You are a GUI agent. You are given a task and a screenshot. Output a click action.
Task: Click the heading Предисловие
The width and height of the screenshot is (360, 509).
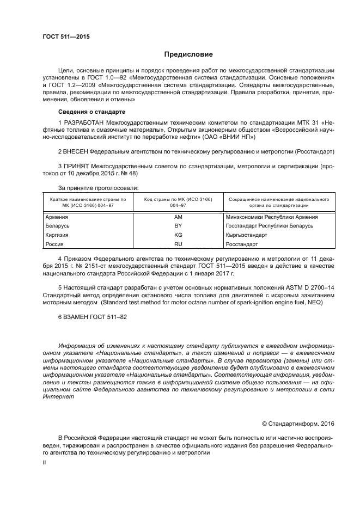(x=189, y=54)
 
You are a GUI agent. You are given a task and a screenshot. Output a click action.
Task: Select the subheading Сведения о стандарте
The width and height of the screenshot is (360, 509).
(x=89, y=112)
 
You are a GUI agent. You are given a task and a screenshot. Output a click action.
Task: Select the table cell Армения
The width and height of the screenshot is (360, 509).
(x=57, y=217)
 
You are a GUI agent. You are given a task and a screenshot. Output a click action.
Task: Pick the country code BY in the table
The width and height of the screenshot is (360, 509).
(x=178, y=226)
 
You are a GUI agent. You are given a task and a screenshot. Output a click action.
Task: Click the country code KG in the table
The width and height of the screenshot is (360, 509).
(x=178, y=235)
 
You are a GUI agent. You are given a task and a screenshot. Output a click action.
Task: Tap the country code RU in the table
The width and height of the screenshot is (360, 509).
(x=178, y=244)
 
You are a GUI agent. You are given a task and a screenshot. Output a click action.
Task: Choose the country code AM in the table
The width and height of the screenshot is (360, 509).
(x=178, y=217)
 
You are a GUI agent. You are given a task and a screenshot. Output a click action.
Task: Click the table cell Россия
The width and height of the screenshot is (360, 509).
(x=54, y=244)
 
